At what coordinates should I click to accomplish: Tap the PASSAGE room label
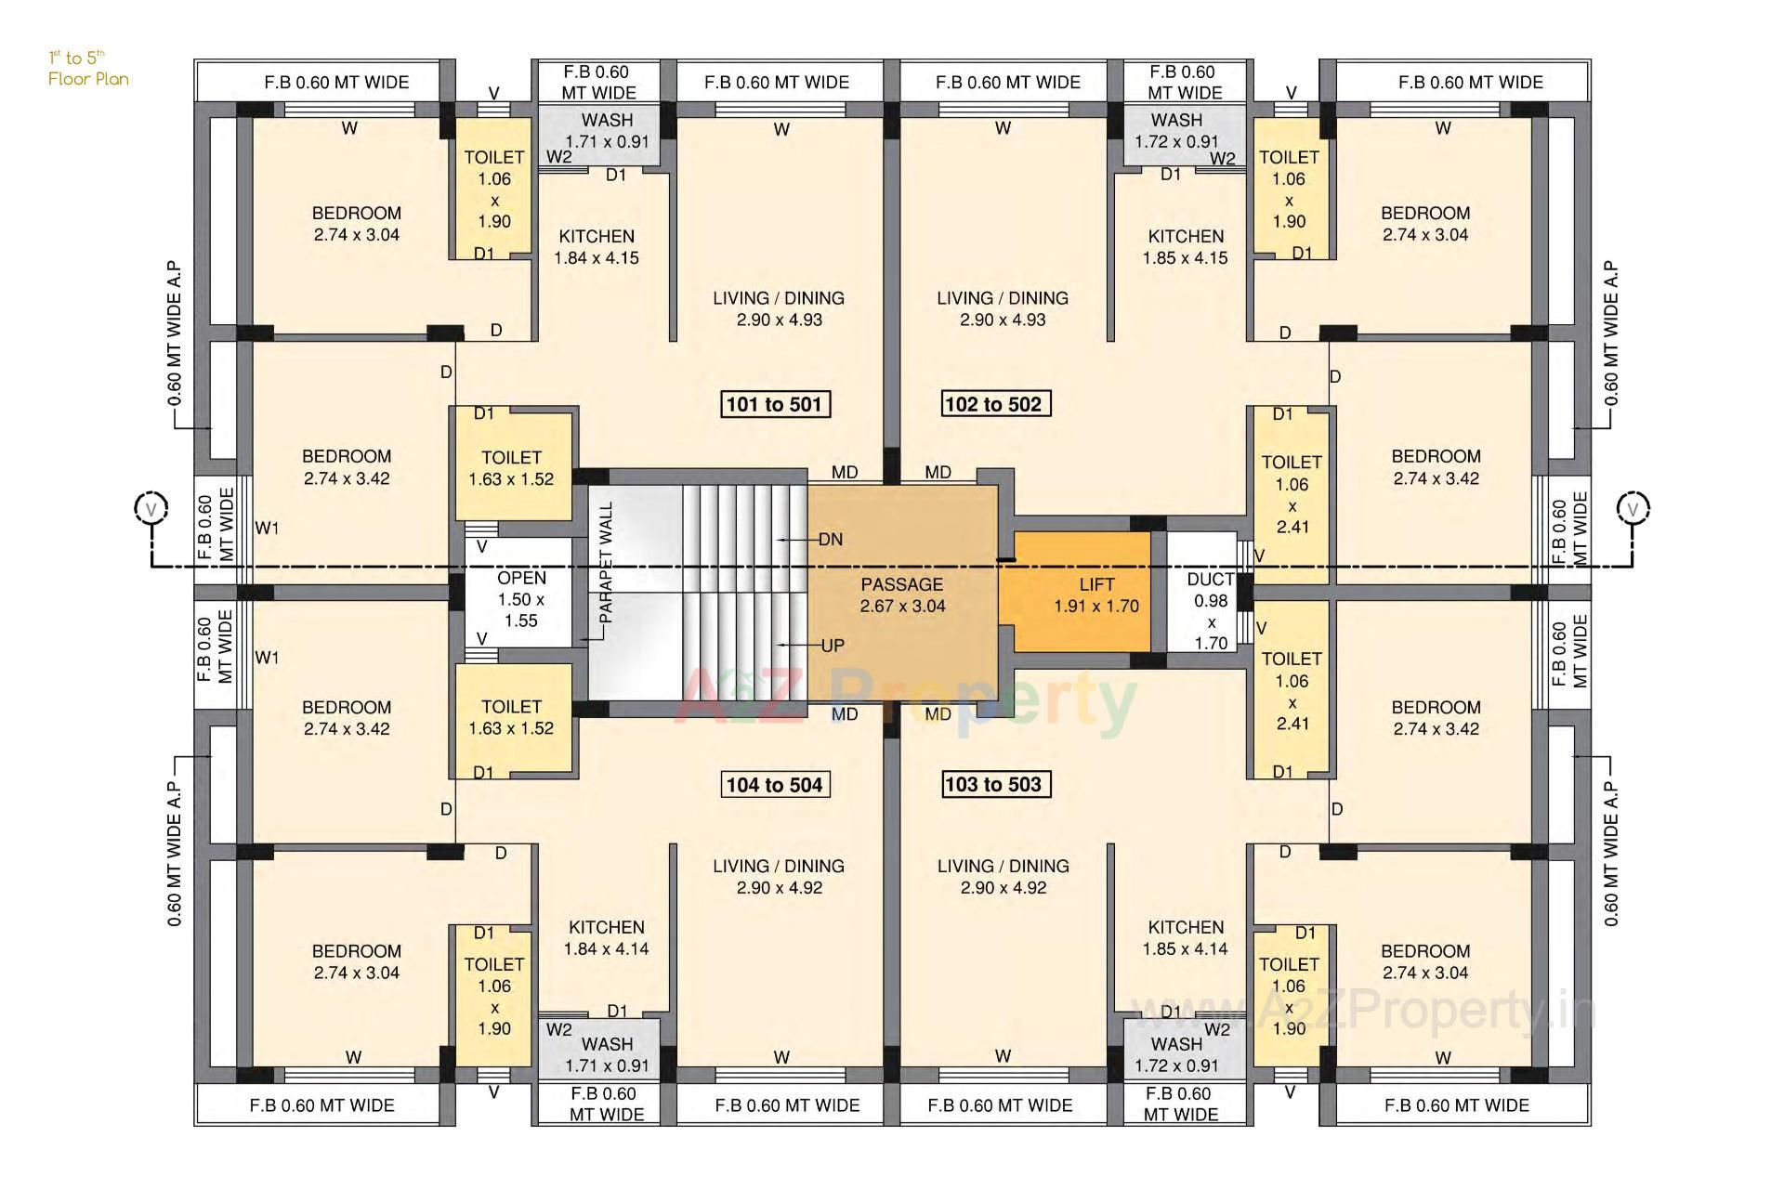[902, 595]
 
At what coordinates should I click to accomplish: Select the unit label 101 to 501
[774, 404]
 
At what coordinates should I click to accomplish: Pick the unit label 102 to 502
[993, 404]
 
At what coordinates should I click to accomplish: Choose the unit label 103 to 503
[993, 784]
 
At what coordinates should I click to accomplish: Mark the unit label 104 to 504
[774, 785]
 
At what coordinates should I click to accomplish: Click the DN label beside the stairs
[831, 540]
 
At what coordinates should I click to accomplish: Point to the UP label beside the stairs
[833, 646]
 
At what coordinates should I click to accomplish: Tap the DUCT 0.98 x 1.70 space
[1210, 610]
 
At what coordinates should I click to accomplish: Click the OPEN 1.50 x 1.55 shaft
[520, 599]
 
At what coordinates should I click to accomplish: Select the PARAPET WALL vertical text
[606, 563]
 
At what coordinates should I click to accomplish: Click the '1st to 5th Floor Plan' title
[87, 69]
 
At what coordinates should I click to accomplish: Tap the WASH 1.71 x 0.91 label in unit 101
[607, 131]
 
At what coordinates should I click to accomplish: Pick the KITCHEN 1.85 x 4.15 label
[1186, 247]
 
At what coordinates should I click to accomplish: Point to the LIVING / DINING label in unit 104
[779, 876]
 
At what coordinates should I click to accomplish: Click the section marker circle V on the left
[151, 509]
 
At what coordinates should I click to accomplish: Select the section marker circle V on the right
[1633, 509]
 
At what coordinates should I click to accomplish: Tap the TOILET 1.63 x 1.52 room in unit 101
[511, 468]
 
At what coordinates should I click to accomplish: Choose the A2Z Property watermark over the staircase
[906, 701]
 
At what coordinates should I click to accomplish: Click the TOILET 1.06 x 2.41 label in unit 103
[1292, 690]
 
